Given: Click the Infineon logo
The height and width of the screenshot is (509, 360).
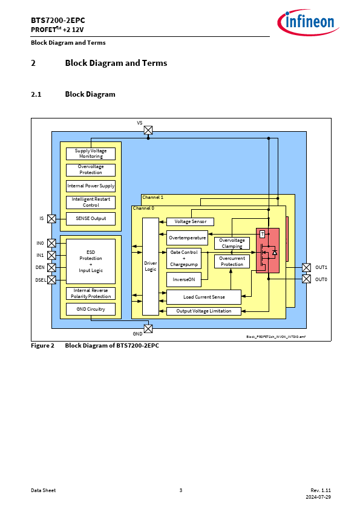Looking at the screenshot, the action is point(308,22).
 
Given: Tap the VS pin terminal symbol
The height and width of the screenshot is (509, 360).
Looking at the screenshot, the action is point(148,130).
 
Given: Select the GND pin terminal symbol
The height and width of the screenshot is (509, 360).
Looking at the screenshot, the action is point(148,328).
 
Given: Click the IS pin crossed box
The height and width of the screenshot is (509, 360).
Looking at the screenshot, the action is point(51,219).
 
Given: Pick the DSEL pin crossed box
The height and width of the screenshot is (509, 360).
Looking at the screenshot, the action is point(51,280).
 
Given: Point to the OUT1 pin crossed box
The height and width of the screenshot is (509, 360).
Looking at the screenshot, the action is point(306,267).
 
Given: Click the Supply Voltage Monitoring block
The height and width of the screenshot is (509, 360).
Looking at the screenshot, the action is point(91,154).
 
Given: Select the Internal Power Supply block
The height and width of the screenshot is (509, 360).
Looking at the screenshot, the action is point(91,186).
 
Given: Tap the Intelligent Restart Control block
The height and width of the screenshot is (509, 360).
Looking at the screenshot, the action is point(91,203).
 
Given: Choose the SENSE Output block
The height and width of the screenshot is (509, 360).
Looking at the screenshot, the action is point(91,218).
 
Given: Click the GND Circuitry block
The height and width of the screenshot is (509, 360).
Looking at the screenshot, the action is point(91,309).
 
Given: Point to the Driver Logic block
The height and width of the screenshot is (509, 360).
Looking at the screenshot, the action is point(151,267).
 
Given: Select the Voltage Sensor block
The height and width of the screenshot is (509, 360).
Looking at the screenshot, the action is point(191,222).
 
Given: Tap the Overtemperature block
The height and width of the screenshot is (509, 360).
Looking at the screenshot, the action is point(187,238).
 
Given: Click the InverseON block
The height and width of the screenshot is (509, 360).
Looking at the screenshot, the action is point(184,279).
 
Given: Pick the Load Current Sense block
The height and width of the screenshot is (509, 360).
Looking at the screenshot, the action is point(204,297).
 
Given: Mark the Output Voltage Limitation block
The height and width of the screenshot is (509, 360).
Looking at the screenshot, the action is point(204,311).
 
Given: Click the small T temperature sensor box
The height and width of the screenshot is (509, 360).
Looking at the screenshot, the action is point(263,234).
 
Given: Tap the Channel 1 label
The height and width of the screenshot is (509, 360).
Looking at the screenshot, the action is point(152,197).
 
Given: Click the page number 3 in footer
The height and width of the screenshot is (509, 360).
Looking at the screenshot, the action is point(181,490).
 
